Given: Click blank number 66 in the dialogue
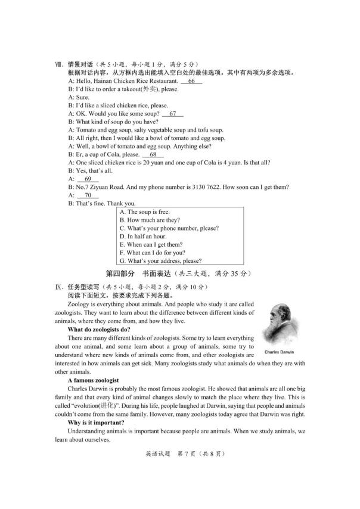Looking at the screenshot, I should (x=191, y=81).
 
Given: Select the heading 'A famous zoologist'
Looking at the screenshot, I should (x=94, y=380).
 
